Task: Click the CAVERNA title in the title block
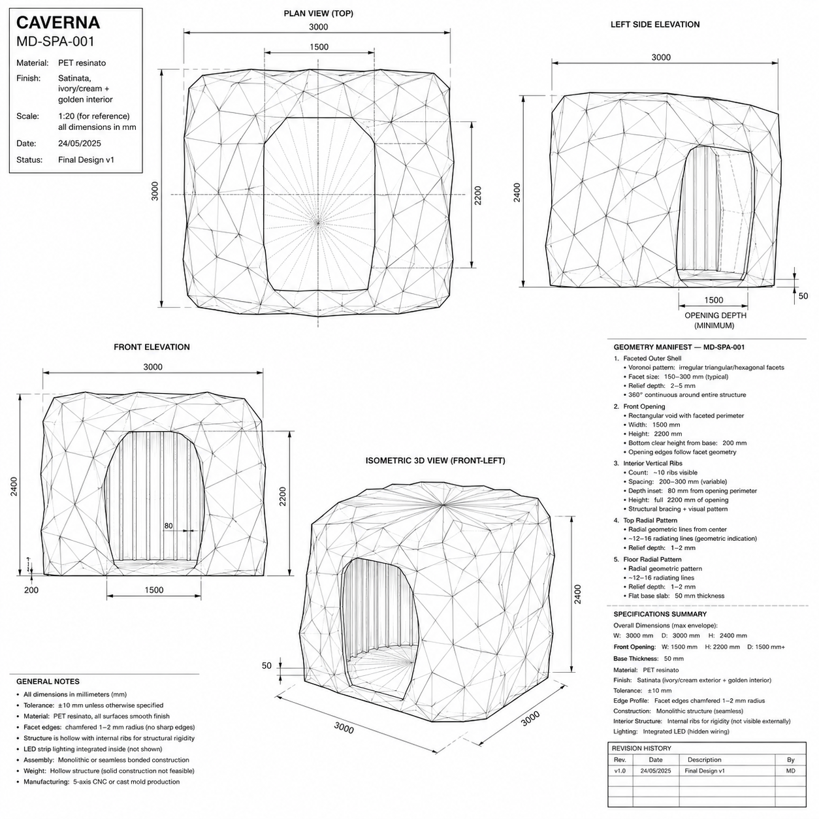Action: [58, 22]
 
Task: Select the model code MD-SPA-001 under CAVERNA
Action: [56, 41]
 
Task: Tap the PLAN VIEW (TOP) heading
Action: [318, 14]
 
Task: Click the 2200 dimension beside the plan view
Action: [477, 195]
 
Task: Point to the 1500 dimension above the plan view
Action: [319, 47]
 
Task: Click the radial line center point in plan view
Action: [318, 221]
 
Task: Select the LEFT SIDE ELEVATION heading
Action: [655, 25]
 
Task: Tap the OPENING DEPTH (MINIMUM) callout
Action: [715, 321]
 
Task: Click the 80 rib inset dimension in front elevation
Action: [169, 526]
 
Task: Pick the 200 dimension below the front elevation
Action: [31, 590]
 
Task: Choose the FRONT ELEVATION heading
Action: [152, 347]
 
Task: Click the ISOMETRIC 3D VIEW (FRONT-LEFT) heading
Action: [435, 460]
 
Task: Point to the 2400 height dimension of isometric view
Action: [577, 594]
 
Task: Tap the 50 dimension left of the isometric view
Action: [266, 666]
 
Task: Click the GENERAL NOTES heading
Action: [48, 682]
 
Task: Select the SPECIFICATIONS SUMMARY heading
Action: [660, 614]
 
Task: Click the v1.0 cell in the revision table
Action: [620, 771]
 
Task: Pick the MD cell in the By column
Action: [790, 771]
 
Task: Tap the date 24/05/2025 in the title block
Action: [80, 144]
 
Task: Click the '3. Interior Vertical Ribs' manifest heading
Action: [648, 463]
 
